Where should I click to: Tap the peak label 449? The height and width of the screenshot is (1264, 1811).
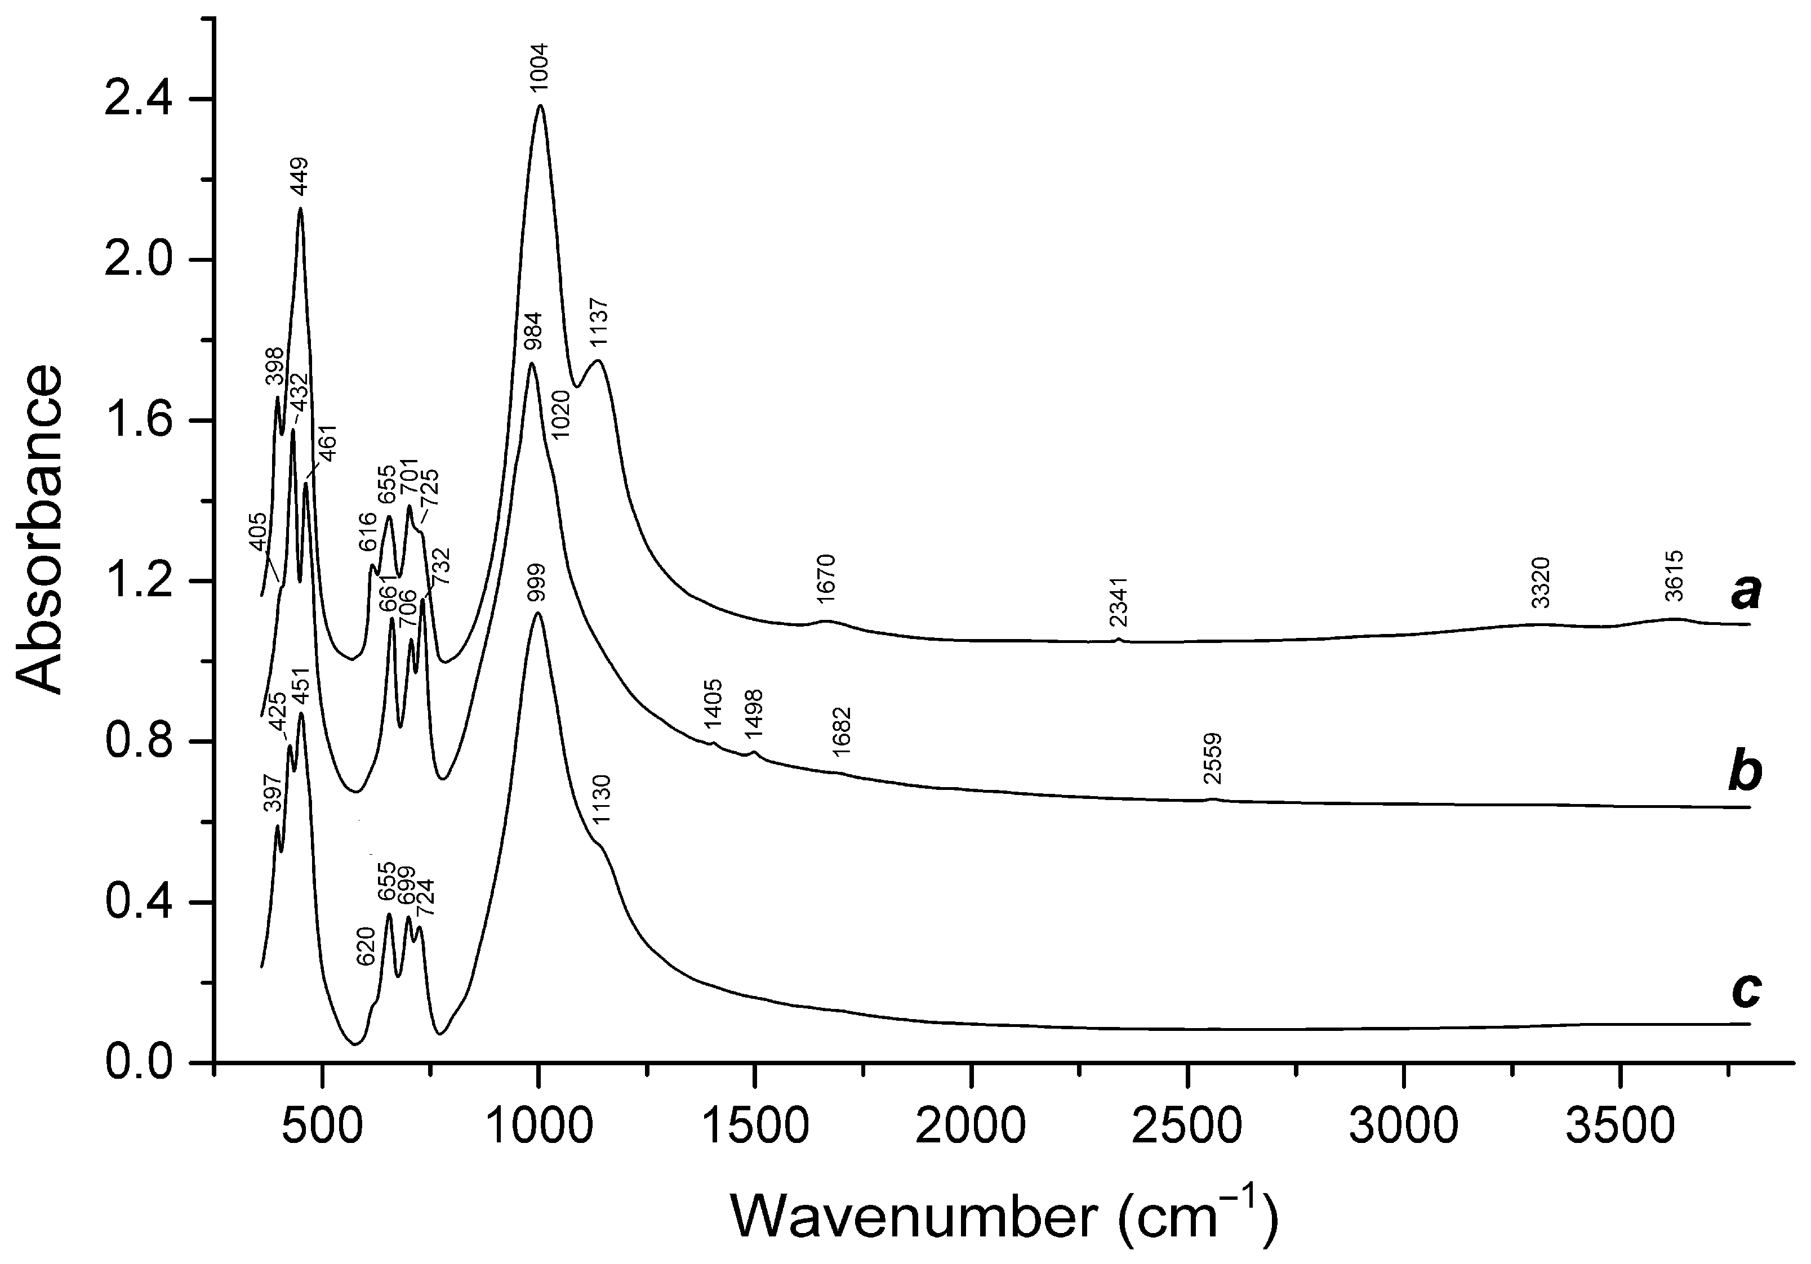point(300,179)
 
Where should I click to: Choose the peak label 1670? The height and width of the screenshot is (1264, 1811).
point(826,579)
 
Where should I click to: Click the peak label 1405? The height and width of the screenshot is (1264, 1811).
point(713,705)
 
